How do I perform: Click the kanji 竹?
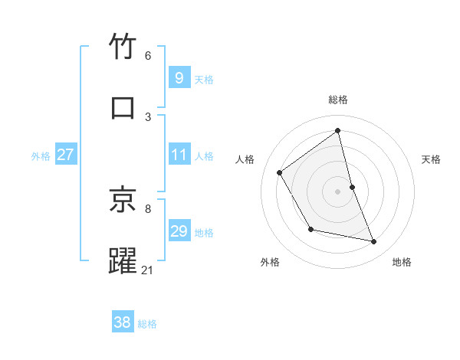click(x=123, y=47)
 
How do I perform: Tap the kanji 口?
click(x=123, y=107)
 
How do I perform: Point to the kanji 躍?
click(x=123, y=260)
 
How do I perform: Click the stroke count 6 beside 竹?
click(x=148, y=55)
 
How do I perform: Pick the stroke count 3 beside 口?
click(x=148, y=116)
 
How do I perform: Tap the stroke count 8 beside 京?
click(x=148, y=208)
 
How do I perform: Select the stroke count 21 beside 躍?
click(x=148, y=270)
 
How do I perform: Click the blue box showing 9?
click(x=179, y=78)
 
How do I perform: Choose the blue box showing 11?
click(x=179, y=155)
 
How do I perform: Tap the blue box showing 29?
click(x=179, y=231)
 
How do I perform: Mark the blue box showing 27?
click(x=65, y=155)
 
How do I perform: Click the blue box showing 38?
click(x=122, y=322)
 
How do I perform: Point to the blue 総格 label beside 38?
click(x=147, y=324)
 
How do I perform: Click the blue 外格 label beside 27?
click(x=41, y=156)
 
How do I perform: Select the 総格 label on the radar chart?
click(x=338, y=100)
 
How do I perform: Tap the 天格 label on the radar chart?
click(x=432, y=159)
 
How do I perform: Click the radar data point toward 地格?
click(x=374, y=242)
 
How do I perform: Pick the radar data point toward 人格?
click(x=280, y=172)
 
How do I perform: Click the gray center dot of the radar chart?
click(x=338, y=191)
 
